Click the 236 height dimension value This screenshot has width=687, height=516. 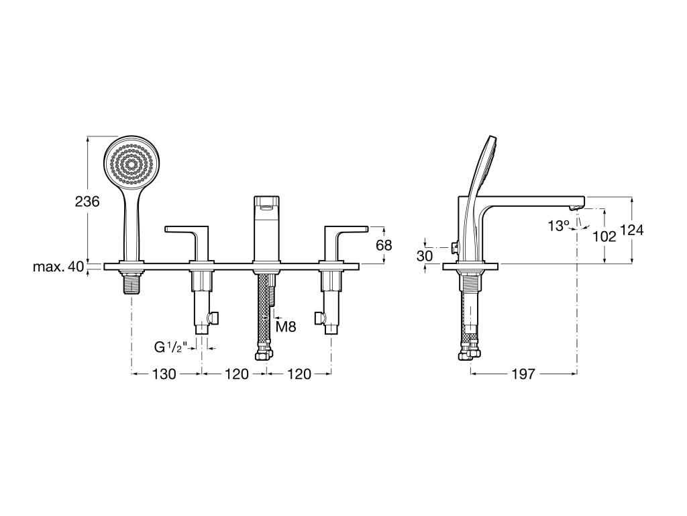coord(87,201)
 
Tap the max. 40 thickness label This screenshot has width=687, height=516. coord(59,267)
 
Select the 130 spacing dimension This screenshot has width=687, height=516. coord(163,374)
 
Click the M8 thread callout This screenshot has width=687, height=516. coord(286,327)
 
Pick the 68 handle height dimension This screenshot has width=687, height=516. coord(384,245)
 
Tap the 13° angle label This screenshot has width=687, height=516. coord(558,226)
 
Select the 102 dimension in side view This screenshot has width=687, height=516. coord(604,236)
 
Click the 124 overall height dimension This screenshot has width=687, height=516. coord(631,230)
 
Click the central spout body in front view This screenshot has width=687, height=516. coord(266,228)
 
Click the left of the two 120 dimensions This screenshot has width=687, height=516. coord(236,374)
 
